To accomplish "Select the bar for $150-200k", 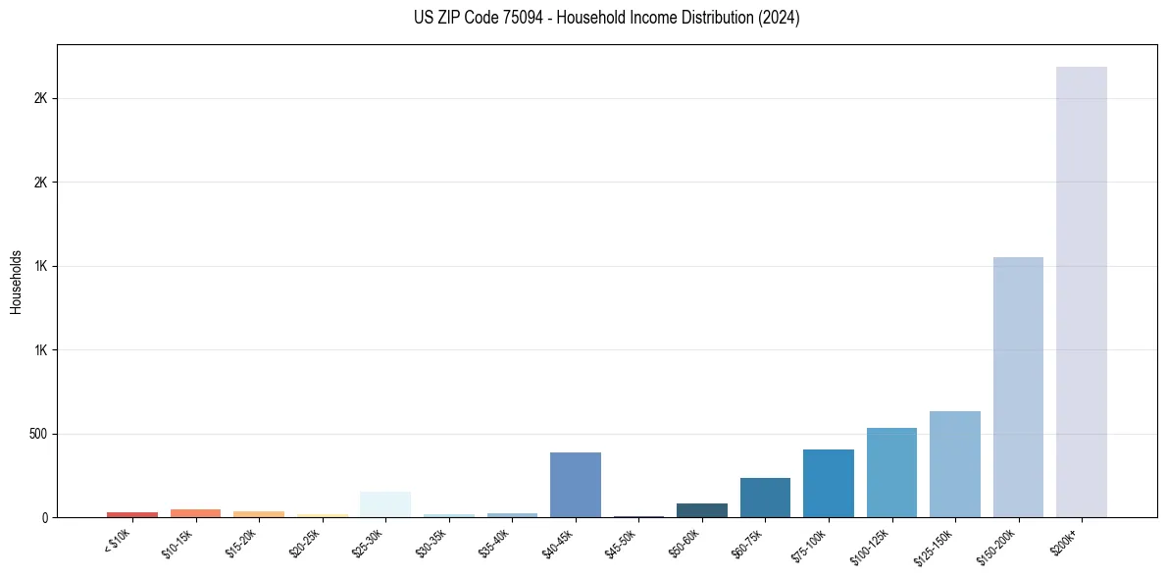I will pos(1018,387).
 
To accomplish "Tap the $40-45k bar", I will pos(575,485).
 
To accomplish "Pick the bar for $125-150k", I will pos(954,463).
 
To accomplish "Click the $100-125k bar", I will pos(891,472).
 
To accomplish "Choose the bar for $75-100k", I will pos(828,483).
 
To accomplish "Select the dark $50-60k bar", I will pos(701,510).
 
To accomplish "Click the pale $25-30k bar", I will pos(385,504).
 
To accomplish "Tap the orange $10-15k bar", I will pos(195,513).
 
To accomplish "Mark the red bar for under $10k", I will pos(132,514).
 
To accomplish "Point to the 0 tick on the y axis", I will pos(44,517).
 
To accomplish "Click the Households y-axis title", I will pos(16,281).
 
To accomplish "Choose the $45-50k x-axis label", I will pos(621,543).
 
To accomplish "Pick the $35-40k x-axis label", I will pos(494,543).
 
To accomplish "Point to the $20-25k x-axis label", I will pos(304,543).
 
